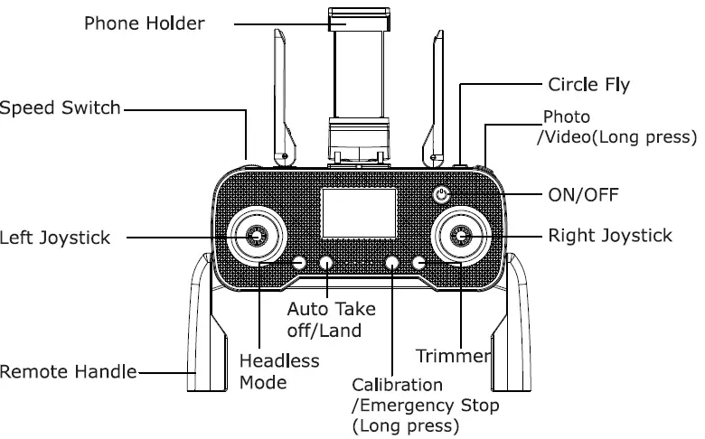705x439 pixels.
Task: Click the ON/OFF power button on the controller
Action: tap(440, 194)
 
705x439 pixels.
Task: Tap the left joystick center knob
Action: tap(256, 236)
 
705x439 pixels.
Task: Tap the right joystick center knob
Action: tap(463, 237)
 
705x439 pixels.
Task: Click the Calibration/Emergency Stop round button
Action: tap(392, 263)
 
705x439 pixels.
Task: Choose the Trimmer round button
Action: tap(418, 263)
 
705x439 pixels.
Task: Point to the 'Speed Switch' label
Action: tap(60, 108)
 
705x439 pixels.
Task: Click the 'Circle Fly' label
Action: tap(588, 86)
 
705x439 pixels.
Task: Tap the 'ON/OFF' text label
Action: tap(582, 193)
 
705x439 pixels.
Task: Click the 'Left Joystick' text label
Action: tap(55, 238)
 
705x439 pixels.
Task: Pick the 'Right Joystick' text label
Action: tap(610, 236)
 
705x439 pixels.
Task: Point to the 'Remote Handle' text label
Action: tap(68, 371)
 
